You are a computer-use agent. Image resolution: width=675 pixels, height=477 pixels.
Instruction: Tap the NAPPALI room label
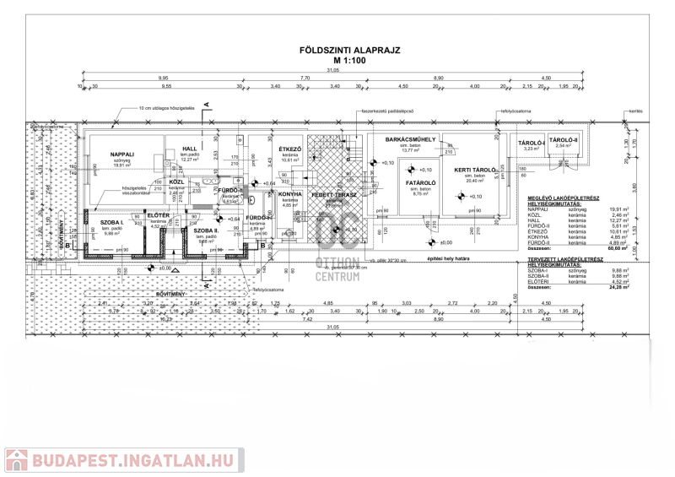point(123,154)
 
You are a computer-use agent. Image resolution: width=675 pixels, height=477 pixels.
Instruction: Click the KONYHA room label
point(290,193)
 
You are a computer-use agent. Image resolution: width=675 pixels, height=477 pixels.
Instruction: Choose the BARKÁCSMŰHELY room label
point(410,138)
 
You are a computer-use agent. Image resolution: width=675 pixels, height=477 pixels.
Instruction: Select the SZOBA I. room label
point(113,221)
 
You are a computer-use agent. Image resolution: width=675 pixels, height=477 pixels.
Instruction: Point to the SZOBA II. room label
point(206,230)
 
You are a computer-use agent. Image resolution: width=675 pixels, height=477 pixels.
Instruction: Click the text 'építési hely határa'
point(446,258)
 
